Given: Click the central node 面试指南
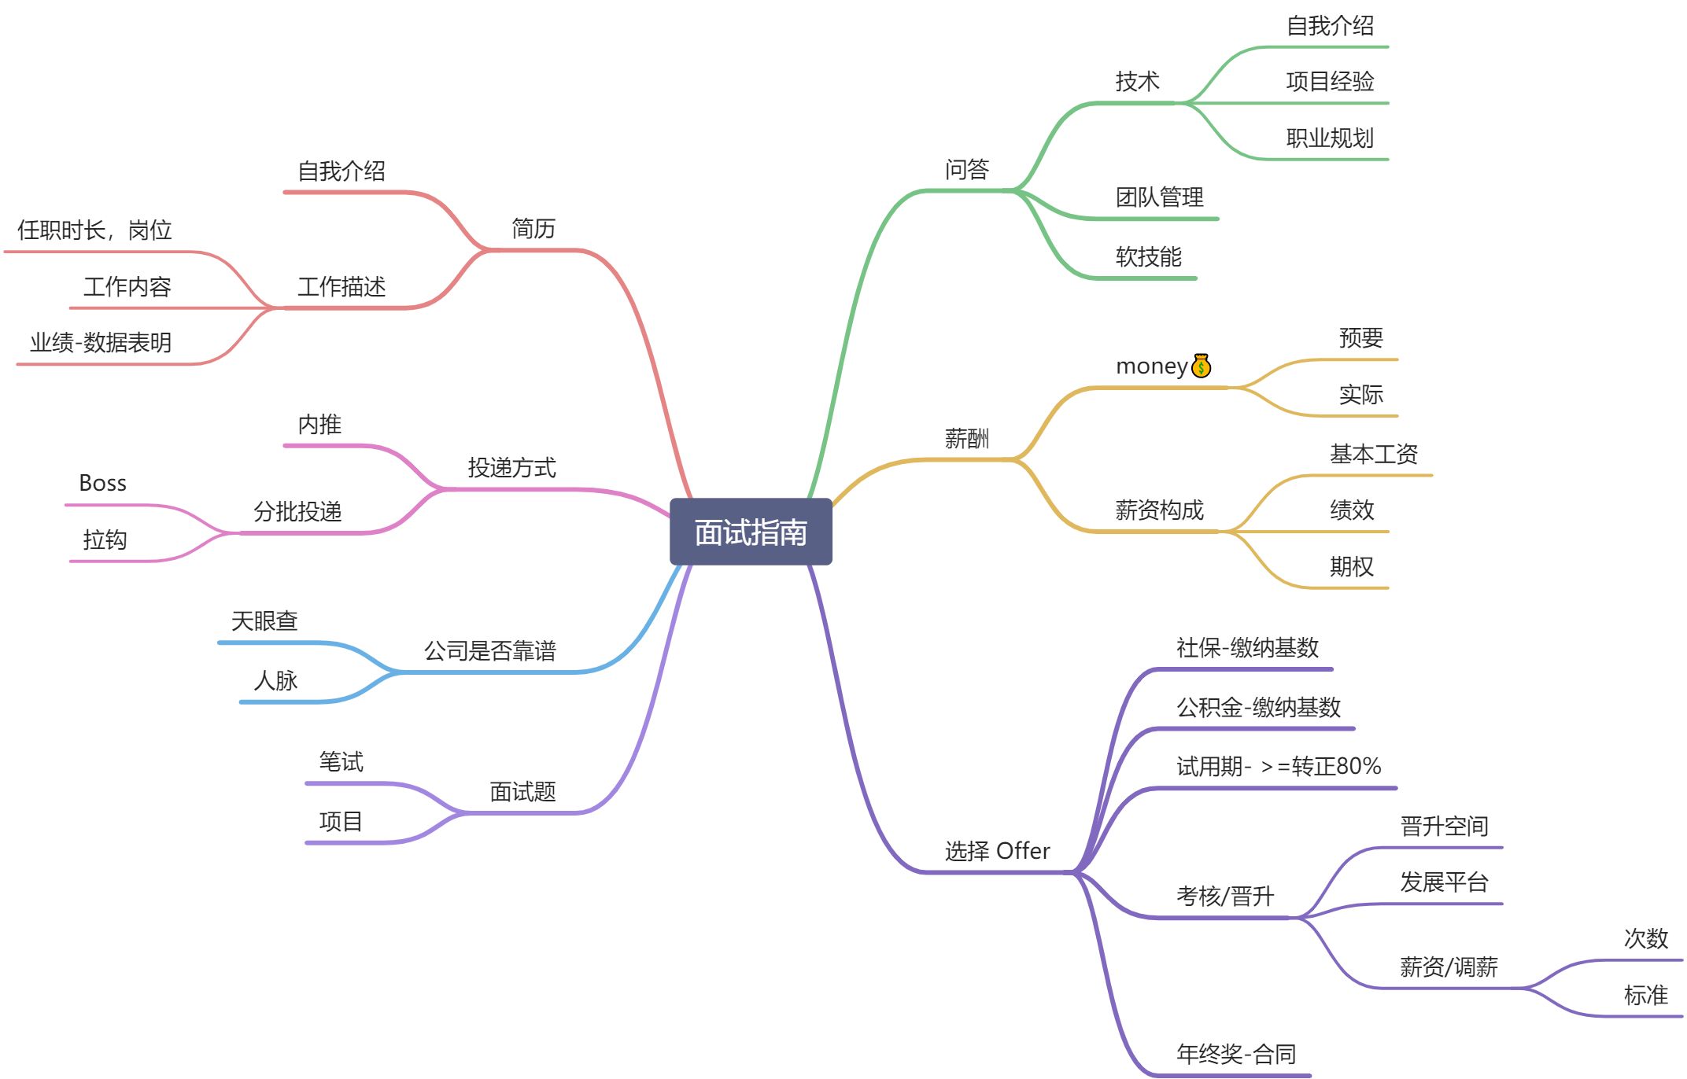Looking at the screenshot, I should (751, 532).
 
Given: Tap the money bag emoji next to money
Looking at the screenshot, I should (1201, 366).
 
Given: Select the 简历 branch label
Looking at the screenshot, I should (533, 229).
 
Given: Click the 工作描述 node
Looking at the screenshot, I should (341, 287).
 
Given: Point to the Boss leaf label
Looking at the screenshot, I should (102, 483).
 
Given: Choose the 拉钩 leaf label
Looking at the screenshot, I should (105, 539).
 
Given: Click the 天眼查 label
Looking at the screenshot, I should (264, 621).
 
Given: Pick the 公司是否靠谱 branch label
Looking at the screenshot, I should (489, 650).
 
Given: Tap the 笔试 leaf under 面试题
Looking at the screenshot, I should (341, 761).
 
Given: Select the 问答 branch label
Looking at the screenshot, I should (966, 169).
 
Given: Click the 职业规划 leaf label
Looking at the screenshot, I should (1329, 138).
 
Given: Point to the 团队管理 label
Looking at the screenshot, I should (1159, 197).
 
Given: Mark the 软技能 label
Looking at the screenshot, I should (1148, 256).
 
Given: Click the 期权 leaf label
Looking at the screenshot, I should (1351, 566).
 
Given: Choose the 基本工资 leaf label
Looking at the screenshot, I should (1373, 454).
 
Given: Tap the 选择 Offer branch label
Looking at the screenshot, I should (997, 851).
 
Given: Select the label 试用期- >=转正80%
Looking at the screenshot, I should (1279, 766).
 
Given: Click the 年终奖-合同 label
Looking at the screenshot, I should (1235, 1054).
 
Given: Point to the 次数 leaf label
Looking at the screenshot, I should (1645, 938).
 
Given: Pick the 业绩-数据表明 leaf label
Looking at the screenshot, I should (100, 343).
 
